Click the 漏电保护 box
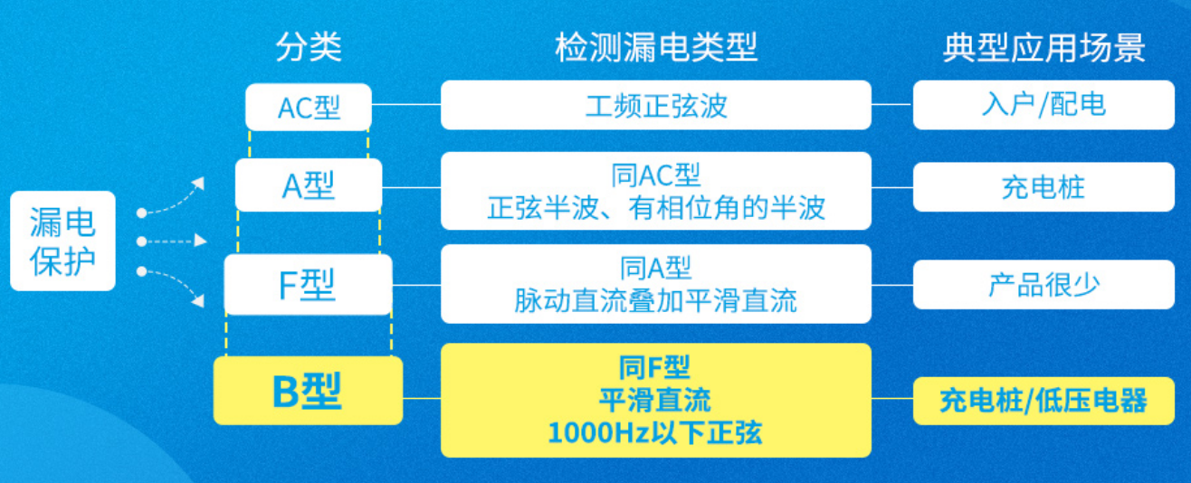click(62, 241)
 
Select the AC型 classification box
click(309, 107)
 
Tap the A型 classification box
click(309, 185)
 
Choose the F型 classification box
click(309, 284)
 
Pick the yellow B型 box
click(308, 391)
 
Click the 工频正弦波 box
click(655, 105)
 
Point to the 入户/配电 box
click(1043, 105)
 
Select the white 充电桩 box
click(1043, 187)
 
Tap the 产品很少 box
click(1043, 284)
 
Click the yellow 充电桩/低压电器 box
click(1043, 401)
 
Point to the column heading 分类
click(309, 47)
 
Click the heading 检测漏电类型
click(655, 47)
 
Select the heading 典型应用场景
click(1043, 48)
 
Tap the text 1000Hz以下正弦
click(655, 432)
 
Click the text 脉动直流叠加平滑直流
click(655, 301)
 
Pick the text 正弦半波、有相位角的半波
click(655, 207)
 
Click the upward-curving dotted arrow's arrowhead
click(198, 184)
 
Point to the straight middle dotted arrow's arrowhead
click(200, 241)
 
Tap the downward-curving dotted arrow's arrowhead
click(198, 301)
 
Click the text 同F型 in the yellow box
click(655, 366)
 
